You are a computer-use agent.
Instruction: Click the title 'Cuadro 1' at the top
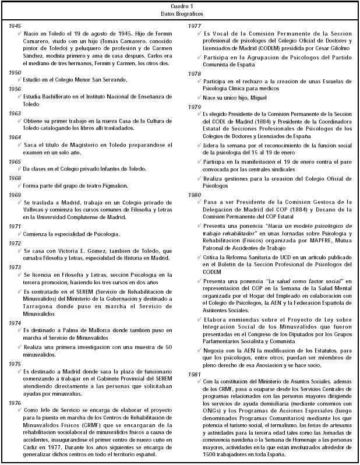[x=179, y=6]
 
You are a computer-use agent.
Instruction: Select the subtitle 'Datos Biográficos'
[x=179, y=13]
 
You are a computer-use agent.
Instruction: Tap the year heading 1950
[x=15, y=72]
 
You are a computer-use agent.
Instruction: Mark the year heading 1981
[x=194, y=374]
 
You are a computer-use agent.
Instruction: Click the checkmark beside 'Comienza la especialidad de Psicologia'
[x=20, y=234]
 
